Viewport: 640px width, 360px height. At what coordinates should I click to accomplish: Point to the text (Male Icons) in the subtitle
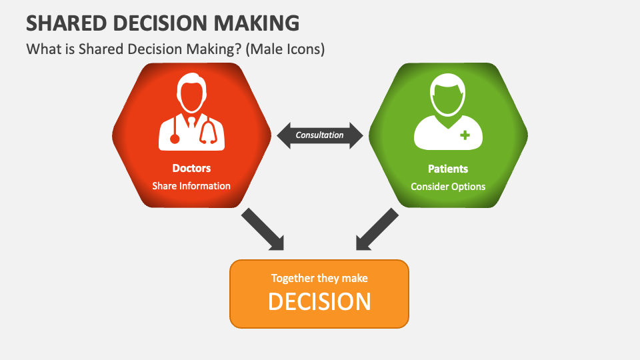click(285, 49)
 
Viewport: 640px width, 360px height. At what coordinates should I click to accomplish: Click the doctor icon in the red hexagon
click(191, 112)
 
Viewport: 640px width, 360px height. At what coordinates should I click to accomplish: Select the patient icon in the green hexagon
click(448, 112)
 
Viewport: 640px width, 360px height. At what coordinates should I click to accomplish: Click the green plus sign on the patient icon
click(465, 135)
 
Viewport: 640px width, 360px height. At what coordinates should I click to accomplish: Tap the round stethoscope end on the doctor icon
click(175, 139)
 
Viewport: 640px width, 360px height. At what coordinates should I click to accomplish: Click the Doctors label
click(191, 168)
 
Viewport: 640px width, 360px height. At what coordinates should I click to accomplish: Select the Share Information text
click(191, 186)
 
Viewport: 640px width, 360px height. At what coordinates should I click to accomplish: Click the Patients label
click(448, 169)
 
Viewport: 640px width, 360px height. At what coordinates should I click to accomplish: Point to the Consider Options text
click(448, 187)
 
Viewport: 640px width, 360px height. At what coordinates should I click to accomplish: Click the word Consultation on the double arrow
click(319, 135)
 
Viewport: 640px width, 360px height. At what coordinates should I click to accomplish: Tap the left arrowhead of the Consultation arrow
click(284, 135)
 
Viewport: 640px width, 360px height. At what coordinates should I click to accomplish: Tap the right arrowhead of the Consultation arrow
click(356, 135)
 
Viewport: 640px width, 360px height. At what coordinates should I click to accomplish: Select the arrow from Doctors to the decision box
click(263, 229)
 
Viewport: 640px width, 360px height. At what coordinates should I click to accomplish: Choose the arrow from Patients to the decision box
click(377, 229)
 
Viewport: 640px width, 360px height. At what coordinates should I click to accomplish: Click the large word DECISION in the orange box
click(319, 302)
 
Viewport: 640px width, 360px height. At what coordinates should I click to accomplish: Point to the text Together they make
click(319, 279)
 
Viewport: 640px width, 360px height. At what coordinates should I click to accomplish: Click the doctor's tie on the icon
click(191, 123)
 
